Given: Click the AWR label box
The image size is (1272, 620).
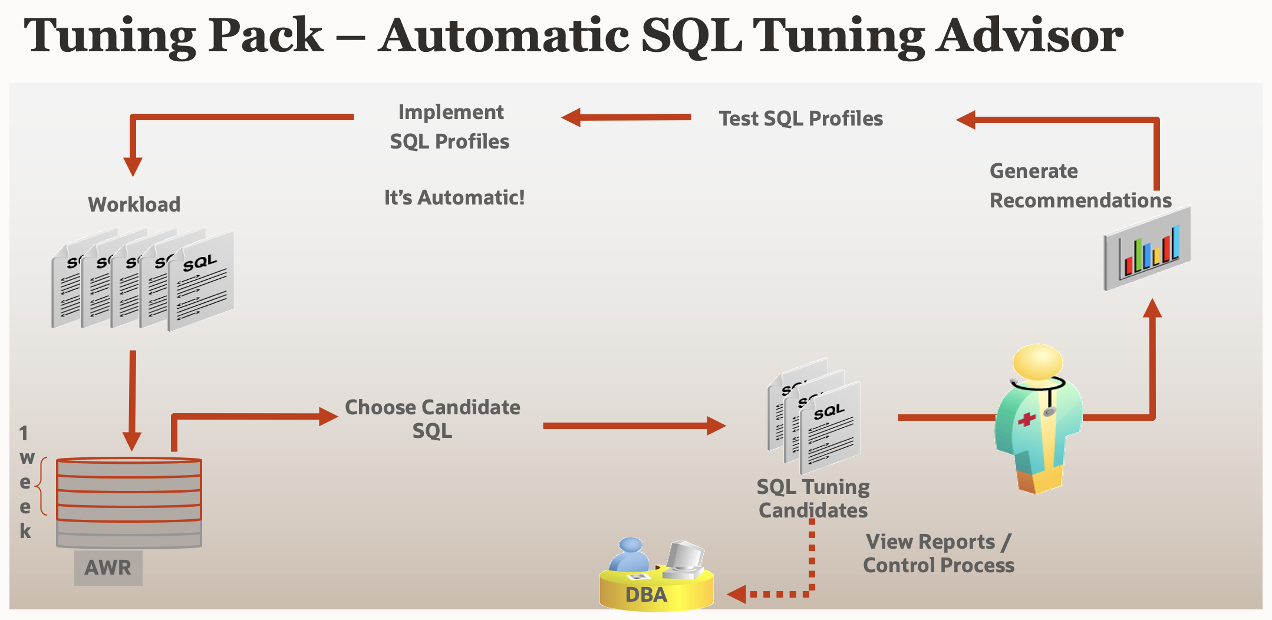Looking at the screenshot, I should click(x=108, y=568).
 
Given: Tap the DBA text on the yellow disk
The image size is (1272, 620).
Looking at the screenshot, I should click(x=646, y=595).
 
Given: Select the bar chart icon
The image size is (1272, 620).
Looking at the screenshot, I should click(x=1147, y=248).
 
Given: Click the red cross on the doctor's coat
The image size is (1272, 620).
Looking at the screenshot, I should click(x=1026, y=420).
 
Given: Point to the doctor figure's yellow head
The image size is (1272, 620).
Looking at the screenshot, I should click(x=1037, y=361).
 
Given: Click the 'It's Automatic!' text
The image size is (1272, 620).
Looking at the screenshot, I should click(x=454, y=197).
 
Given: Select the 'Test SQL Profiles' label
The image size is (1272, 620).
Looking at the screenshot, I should click(x=800, y=118).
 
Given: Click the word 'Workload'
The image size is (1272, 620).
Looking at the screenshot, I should click(x=134, y=205).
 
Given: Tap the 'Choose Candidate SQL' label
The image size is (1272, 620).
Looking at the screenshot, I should click(x=432, y=419).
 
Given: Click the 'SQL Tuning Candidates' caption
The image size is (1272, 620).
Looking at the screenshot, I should click(x=813, y=499).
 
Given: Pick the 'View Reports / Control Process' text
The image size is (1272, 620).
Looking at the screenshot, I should click(x=938, y=553).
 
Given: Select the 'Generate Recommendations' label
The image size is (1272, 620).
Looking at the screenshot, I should click(x=1080, y=186).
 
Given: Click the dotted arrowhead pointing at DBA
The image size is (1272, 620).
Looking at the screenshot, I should click(x=737, y=594).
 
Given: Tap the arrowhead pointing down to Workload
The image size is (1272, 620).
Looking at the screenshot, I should click(x=133, y=167).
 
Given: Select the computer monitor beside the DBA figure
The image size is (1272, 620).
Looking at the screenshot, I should click(x=685, y=556).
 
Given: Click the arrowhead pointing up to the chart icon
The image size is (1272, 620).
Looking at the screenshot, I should click(x=1152, y=308).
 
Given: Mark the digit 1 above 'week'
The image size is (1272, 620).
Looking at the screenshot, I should click(x=24, y=433).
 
